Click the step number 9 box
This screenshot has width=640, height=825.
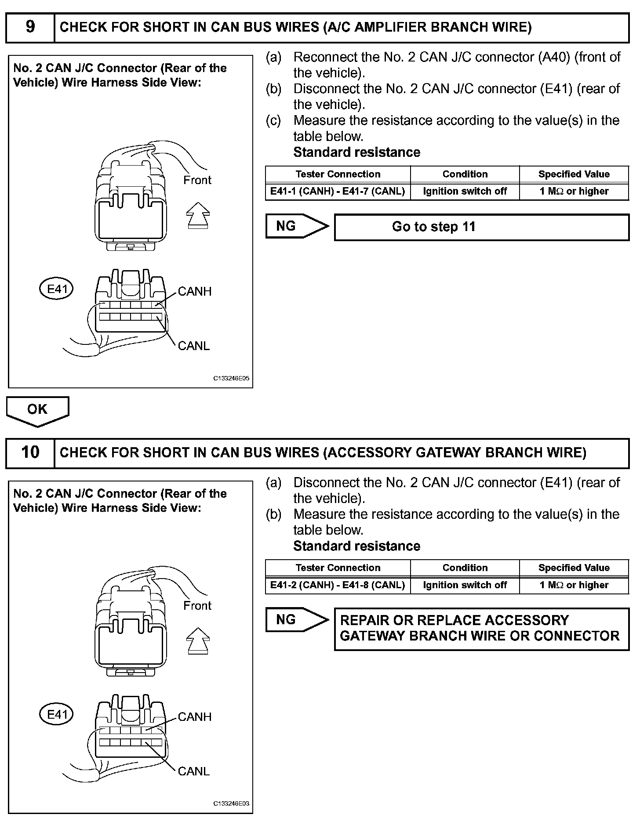tap(30, 27)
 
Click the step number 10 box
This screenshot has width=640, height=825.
tap(30, 452)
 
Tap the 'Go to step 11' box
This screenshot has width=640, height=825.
tap(481, 227)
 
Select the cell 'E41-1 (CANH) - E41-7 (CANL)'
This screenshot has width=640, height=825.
tap(338, 192)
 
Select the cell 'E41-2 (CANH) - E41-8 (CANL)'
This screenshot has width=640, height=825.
tap(338, 585)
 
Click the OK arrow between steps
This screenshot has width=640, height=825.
tap(37, 410)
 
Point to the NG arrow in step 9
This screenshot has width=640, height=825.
tap(297, 226)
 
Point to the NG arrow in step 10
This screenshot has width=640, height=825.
tap(297, 620)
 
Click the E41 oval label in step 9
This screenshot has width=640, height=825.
tap(57, 289)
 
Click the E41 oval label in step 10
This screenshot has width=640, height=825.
tap(57, 714)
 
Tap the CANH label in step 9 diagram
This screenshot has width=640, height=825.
tap(194, 292)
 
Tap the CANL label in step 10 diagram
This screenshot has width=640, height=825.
tap(193, 771)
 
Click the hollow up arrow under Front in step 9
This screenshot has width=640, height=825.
tap(198, 215)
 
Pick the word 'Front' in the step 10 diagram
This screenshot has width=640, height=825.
tap(197, 606)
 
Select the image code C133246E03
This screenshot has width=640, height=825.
tap(231, 804)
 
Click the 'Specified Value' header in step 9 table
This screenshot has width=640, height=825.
tap(574, 174)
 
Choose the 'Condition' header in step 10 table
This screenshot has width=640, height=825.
tap(465, 568)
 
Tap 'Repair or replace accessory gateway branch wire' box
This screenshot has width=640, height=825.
tap(481, 629)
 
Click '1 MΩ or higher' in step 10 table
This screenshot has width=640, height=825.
tap(574, 585)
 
